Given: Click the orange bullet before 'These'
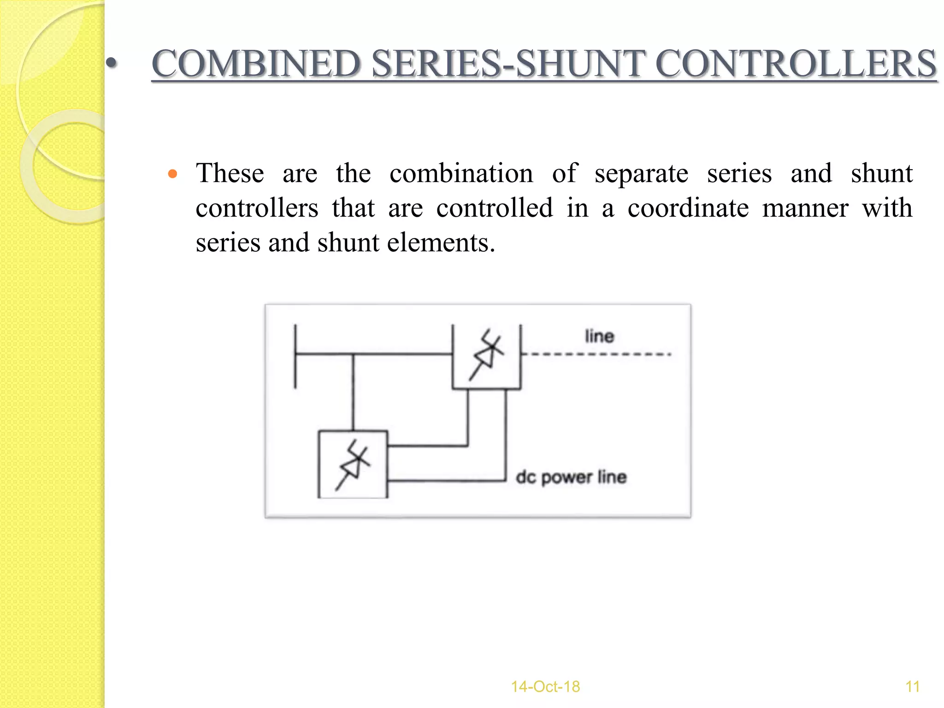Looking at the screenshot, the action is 173,174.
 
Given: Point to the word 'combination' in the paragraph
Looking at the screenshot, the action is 461,173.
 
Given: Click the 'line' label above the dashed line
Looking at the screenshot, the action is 599,336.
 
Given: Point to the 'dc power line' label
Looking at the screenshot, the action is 571,477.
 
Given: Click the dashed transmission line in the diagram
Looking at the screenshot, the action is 596,354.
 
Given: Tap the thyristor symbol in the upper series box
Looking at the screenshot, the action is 486,354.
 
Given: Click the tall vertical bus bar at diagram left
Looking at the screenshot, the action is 295,356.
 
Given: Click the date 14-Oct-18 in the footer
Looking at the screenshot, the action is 545,686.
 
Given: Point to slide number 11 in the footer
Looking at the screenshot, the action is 912,686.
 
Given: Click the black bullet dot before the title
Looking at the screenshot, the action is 111,64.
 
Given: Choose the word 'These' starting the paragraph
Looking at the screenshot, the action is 230,173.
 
